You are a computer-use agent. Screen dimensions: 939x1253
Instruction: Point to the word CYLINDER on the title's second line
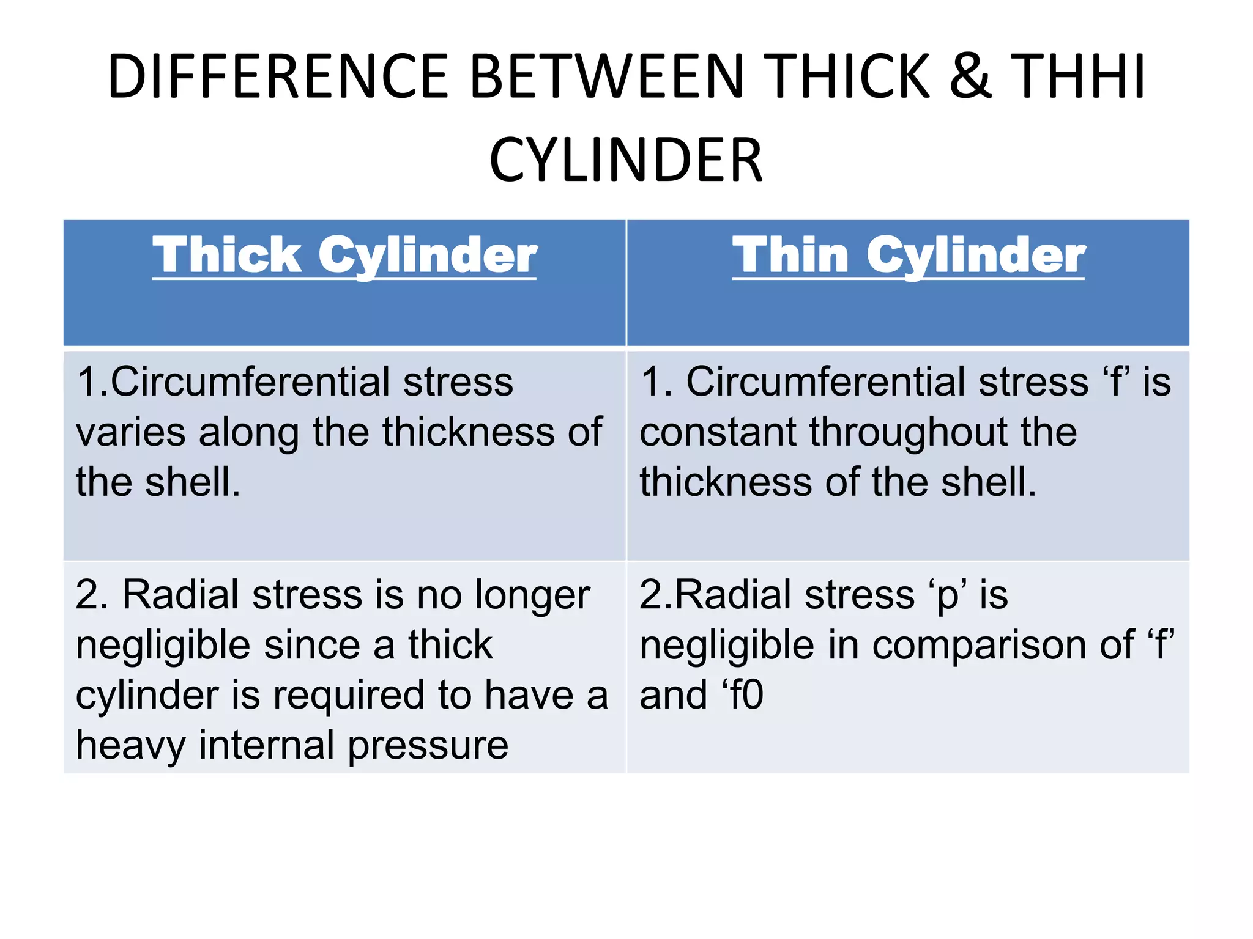[626, 160]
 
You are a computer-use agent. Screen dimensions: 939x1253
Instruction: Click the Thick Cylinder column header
[344, 256]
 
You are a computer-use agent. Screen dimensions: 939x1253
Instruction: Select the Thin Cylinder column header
[909, 256]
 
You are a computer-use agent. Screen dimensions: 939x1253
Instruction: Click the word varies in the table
[130, 432]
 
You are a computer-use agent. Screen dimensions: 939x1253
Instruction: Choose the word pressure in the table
[428, 746]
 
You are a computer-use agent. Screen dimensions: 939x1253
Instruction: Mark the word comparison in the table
[1003, 646]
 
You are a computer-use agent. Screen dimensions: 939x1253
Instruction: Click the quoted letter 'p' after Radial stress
[948, 595]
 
